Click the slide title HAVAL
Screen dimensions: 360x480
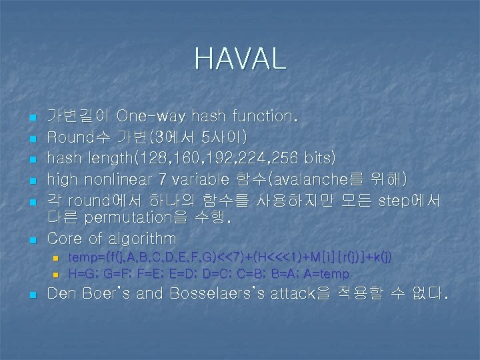point(240,59)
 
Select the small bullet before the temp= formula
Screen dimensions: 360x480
point(56,257)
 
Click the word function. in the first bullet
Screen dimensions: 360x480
point(263,116)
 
